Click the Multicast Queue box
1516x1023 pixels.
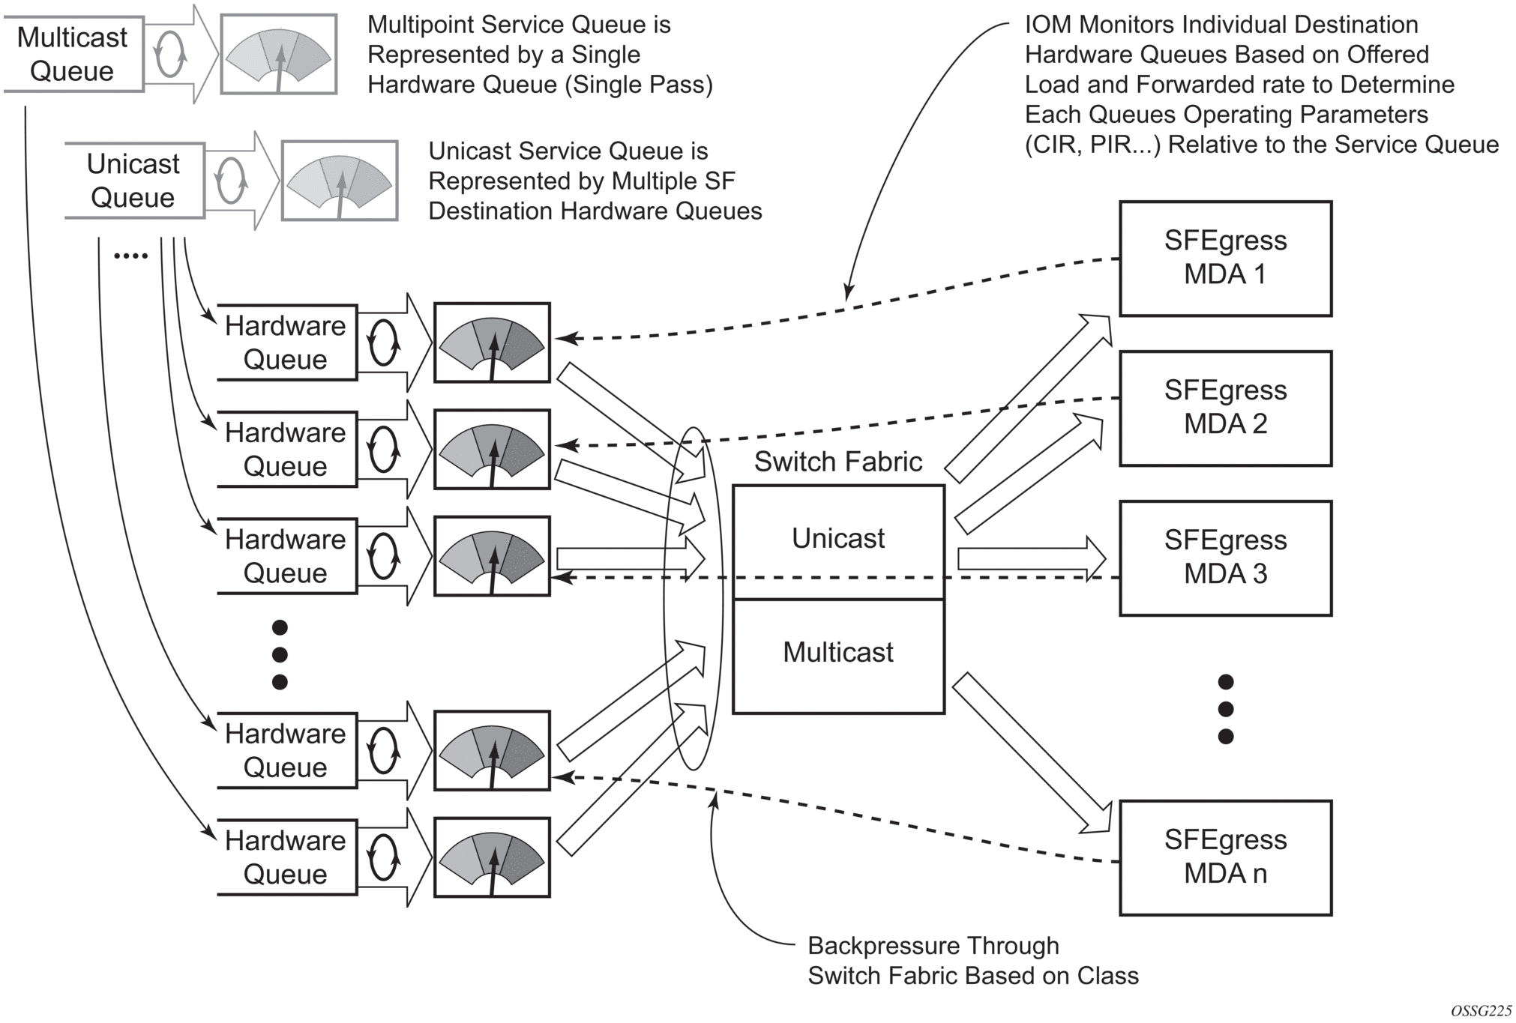(x=72, y=54)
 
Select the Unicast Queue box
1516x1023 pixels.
(x=133, y=181)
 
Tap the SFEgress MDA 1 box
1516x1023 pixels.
(x=1225, y=258)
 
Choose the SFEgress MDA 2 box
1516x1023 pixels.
(x=1225, y=408)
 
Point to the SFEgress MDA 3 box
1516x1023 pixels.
(x=1225, y=558)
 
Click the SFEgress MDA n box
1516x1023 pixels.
(x=1225, y=857)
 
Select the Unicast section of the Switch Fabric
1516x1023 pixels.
(x=838, y=540)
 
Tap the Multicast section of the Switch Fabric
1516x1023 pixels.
(x=838, y=654)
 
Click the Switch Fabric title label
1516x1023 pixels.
(x=838, y=462)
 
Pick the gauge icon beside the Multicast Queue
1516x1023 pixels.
(x=278, y=55)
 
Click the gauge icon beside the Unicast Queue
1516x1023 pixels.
(x=340, y=181)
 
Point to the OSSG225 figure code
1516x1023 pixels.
(x=1481, y=1011)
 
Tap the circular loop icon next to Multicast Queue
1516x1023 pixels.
(x=169, y=54)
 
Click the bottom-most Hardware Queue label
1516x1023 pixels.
(x=286, y=857)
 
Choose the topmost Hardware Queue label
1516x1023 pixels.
(x=286, y=342)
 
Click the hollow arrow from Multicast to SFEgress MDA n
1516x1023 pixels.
(x=1031, y=752)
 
